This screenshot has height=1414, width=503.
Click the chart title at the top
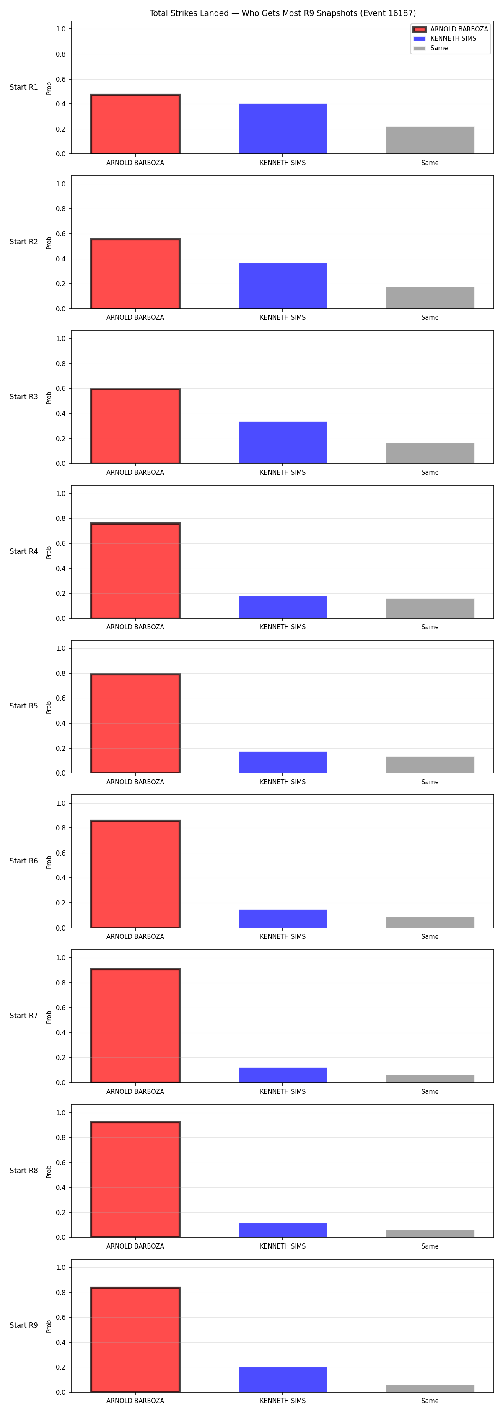point(282,13)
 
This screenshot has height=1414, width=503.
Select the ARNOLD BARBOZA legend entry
point(450,29)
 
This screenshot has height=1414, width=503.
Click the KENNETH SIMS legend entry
point(445,39)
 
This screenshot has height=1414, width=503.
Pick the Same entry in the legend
point(431,48)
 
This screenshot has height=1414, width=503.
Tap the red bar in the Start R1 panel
point(135,124)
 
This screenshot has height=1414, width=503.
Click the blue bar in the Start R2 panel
point(283,286)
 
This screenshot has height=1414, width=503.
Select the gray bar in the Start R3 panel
point(430,453)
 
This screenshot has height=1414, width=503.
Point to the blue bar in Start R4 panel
point(283,607)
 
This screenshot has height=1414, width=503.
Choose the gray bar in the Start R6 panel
point(430,922)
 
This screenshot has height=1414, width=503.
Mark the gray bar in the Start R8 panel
point(430,1234)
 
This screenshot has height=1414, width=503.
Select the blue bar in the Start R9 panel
point(283,1380)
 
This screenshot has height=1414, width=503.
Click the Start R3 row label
point(23,397)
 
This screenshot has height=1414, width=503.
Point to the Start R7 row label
point(23,1016)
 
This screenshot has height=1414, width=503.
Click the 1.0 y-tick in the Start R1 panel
point(60,29)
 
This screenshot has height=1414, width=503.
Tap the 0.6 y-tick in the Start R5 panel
point(60,698)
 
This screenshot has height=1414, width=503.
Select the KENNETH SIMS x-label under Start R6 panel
point(283,936)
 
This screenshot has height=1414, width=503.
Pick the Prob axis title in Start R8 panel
point(49,1172)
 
